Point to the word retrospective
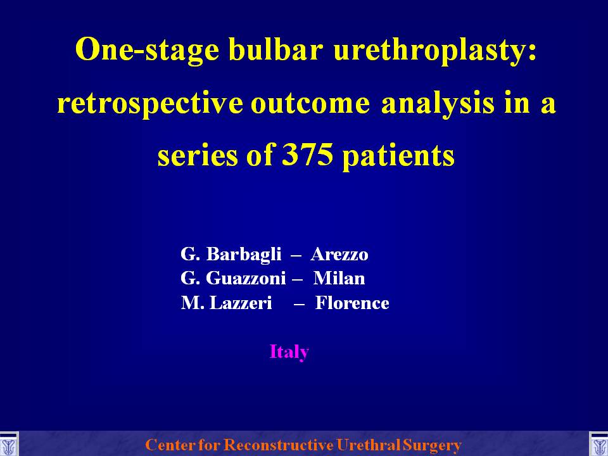point(151,103)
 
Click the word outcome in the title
point(310,104)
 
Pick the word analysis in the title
point(438,103)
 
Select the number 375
point(308,155)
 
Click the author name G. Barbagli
point(231,255)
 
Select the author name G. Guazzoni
point(233,279)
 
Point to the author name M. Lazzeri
point(226,303)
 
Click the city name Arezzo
point(339,255)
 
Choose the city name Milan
point(339,279)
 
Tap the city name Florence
point(352,303)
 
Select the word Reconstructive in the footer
point(279,445)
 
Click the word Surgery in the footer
point(432,445)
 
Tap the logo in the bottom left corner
point(8,445)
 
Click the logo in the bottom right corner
point(598,445)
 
